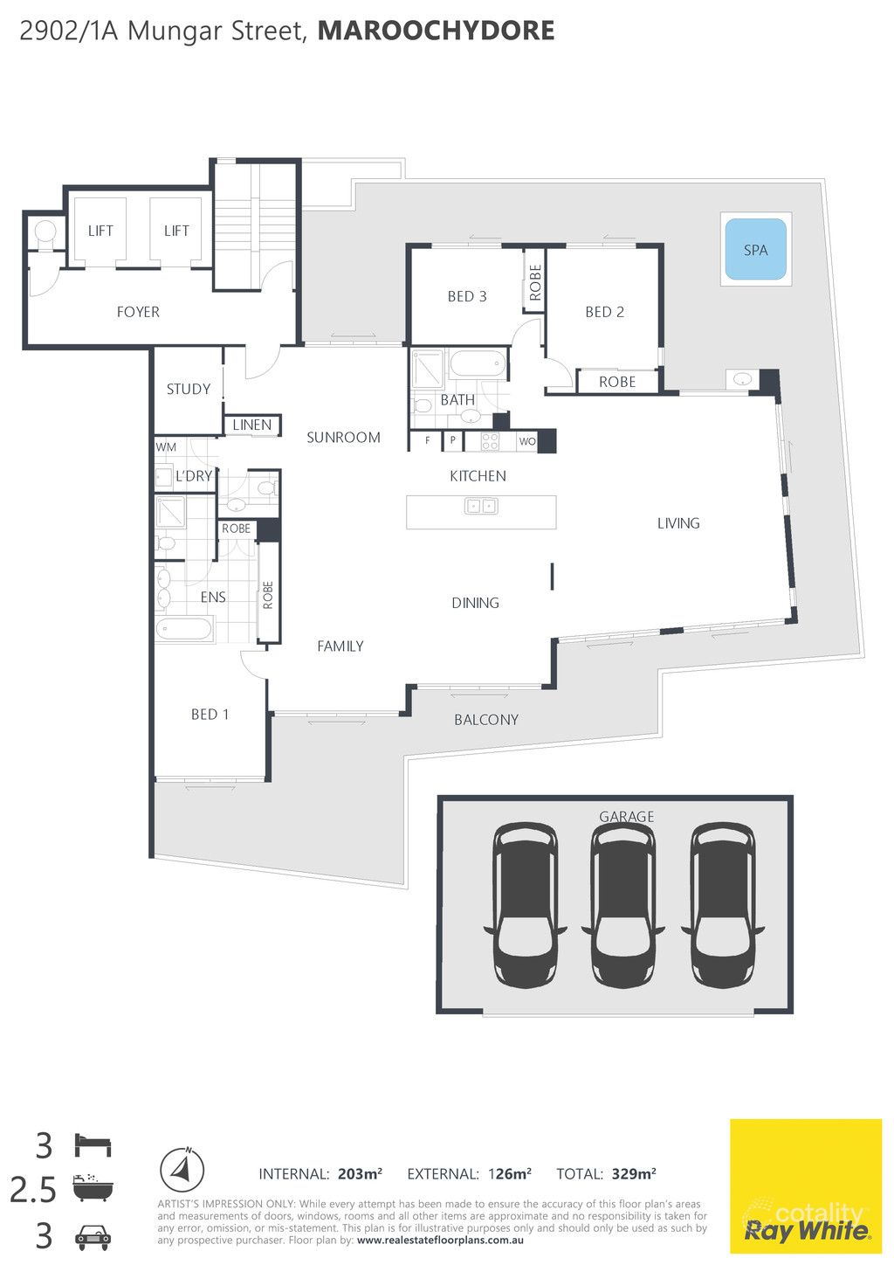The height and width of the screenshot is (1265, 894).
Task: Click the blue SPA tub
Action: pos(755,250)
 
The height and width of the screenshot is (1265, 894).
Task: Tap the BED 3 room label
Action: pos(467,296)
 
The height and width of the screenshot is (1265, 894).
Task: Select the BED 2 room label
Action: pos(604,312)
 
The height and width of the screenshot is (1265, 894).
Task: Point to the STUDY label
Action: pos(189,389)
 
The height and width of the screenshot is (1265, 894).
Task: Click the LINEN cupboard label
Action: pos(252,425)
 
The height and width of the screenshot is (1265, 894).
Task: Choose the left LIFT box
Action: pos(100,231)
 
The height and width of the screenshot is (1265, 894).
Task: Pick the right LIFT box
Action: pos(176,231)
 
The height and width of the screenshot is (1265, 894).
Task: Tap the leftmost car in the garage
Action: pos(525,905)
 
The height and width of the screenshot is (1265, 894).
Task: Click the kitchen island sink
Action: pos(481,505)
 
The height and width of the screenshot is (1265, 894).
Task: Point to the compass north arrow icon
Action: pos(182,1170)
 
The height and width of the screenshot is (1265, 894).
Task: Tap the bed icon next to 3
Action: pos(93,1144)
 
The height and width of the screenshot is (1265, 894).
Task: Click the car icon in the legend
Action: pos(93,1236)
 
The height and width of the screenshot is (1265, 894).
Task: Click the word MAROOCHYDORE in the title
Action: pos(436,31)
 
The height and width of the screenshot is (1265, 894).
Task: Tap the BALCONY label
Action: pos(486,720)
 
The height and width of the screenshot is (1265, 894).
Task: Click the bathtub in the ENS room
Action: pos(184,629)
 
